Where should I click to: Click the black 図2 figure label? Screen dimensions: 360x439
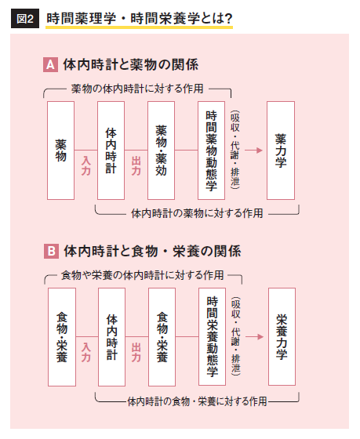(x=25, y=19)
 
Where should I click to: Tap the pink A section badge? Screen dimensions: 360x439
(x=50, y=64)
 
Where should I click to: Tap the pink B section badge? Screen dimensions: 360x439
(x=51, y=251)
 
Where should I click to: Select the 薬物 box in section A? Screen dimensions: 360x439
(x=61, y=151)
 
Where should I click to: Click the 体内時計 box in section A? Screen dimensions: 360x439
(x=111, y=151)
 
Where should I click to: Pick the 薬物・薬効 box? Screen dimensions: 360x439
(x=161, y=151)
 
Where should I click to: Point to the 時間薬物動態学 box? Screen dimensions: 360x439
(x=211, y=151)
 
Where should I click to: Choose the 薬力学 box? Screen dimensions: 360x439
(x=281, y=151)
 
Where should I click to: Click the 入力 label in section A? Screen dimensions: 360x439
(x=86, y=165)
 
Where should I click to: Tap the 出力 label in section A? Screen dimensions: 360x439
(x=136, y=165)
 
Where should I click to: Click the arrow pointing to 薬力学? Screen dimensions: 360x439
(x=254, y=151)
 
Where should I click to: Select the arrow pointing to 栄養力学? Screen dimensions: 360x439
(x=255, y=336)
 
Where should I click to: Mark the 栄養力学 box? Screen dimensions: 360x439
(x=282, y=337)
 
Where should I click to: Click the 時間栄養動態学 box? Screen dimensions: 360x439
(x=212, y=337)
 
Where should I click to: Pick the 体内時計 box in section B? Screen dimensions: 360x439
(x=112, y=337)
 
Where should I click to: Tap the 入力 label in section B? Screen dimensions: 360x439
(x=86, y=352)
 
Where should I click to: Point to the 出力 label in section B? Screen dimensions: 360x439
(x=136, y=352)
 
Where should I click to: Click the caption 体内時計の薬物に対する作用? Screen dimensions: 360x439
(x=197, y=213)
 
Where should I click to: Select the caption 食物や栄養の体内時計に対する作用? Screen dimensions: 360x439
(x=143, y=275)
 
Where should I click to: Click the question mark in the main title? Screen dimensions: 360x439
(x=228, y=19)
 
